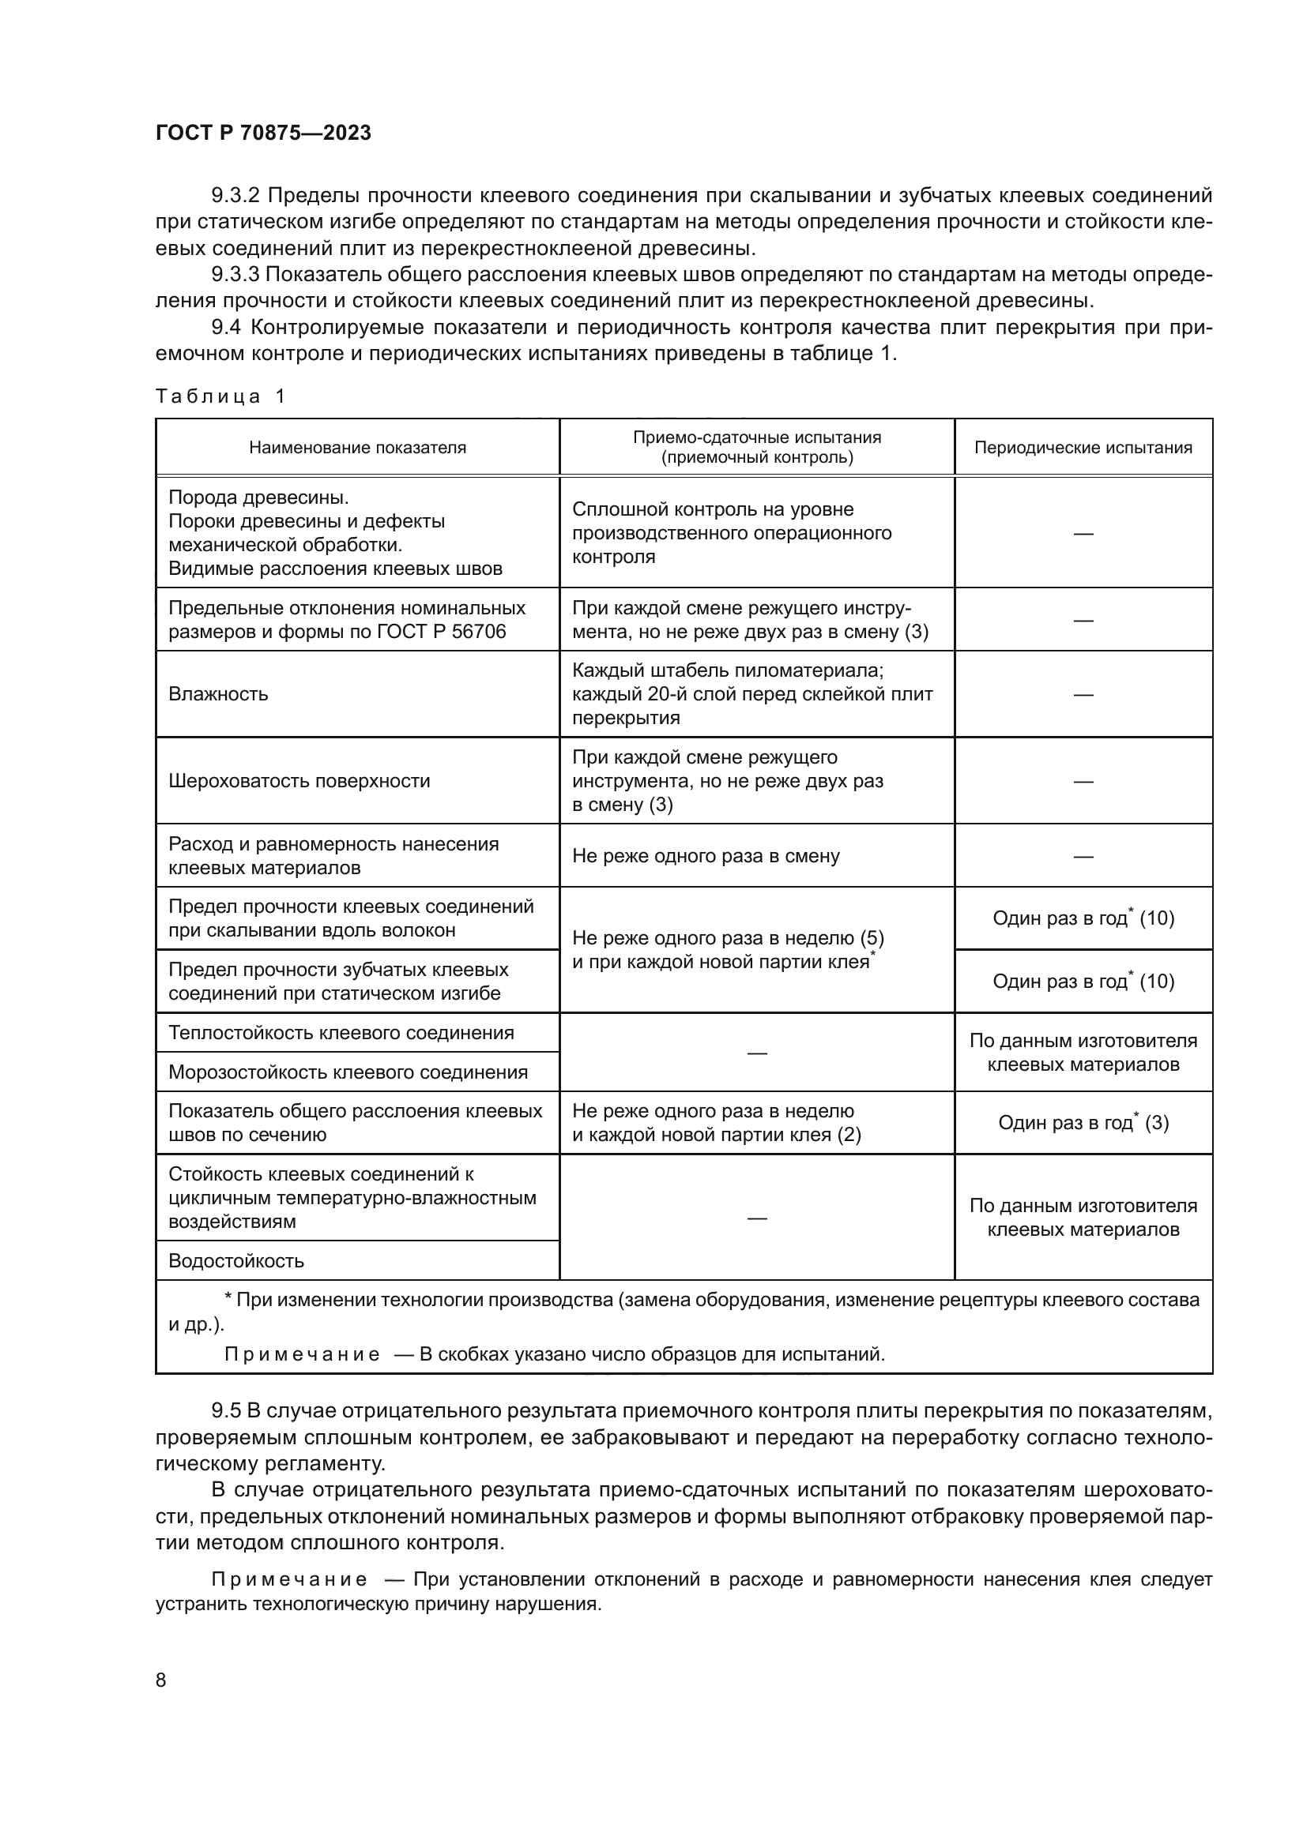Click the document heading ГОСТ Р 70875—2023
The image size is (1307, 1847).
[263, 133]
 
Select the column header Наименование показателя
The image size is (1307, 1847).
[357, 448]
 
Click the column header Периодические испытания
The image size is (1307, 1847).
[1083, 448]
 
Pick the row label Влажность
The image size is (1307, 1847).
[218, 694]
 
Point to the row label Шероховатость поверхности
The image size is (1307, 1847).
[299, 781]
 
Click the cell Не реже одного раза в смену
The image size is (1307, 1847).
[706, 856]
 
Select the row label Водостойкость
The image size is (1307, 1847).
[235, 1260]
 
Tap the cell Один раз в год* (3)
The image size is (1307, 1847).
[1083, 1123]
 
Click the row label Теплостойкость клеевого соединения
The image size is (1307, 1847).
[341, 1033]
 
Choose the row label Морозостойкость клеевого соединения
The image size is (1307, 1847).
[348, 1072]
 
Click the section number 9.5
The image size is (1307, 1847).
[225, 1411]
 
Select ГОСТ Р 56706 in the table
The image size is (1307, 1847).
[440, 632]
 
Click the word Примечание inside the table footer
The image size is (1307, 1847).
[302, 1355]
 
